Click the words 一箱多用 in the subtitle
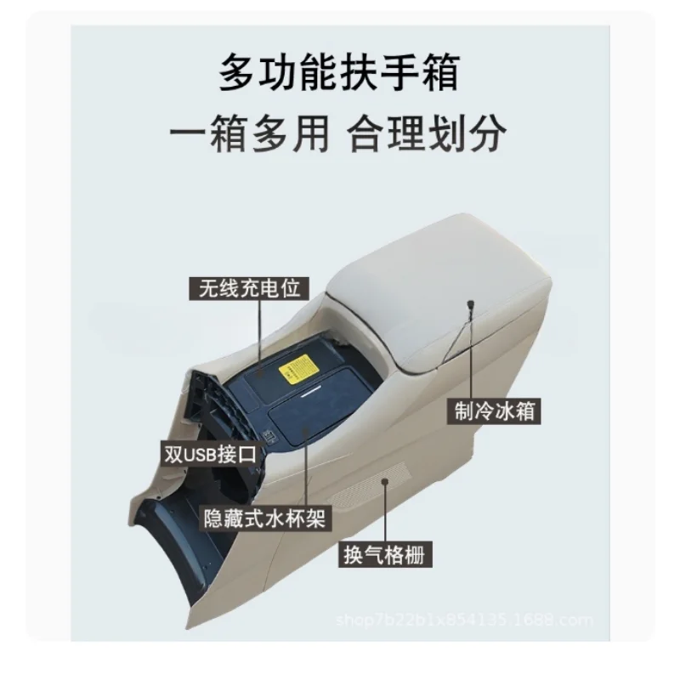click(x=248, y=134)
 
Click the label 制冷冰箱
click(x=494, y=411)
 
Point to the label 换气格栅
click(x=382, y=554)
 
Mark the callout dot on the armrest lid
click(x=468, y=303)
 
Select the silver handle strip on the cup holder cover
click(x=316, y=394)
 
